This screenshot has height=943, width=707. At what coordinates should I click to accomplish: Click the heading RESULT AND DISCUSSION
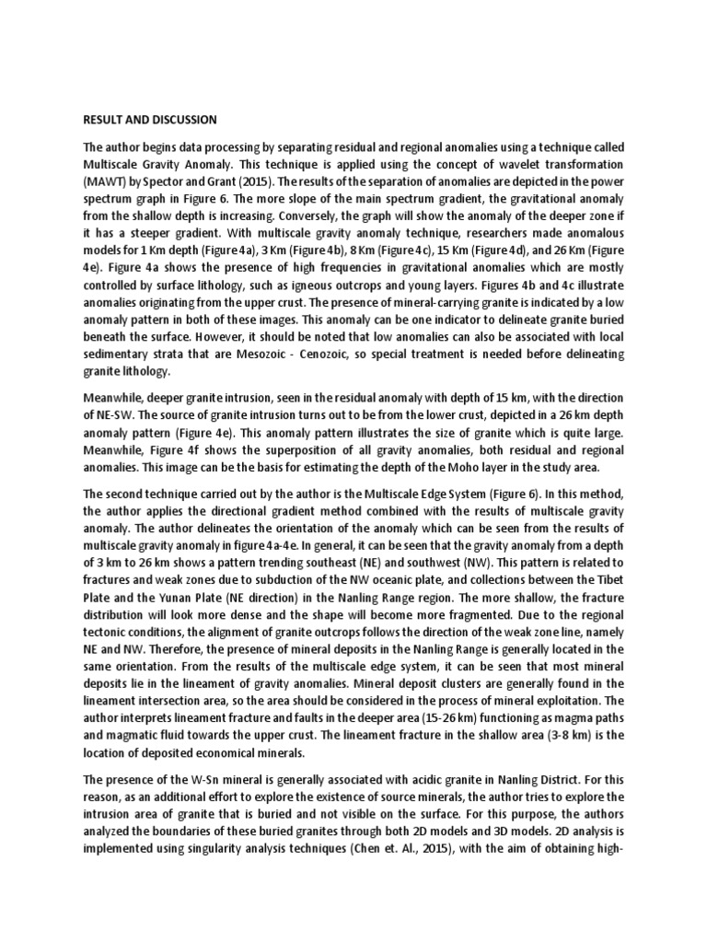point(150,120)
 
